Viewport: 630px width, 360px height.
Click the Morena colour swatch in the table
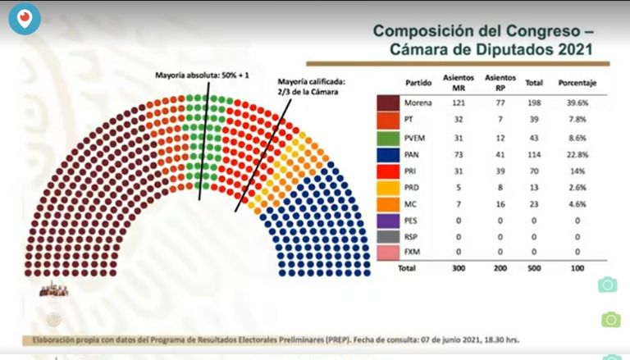[387, 103]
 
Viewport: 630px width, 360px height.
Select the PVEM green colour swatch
[387, 137]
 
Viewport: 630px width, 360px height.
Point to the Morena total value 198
[534, 103]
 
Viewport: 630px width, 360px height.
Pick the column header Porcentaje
[577, 83]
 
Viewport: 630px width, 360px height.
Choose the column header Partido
[418, 83]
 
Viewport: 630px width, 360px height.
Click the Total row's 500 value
[534, 268]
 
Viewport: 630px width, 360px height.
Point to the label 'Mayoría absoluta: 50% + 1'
[202, 75]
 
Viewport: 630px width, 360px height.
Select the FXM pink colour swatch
[387, 252]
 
